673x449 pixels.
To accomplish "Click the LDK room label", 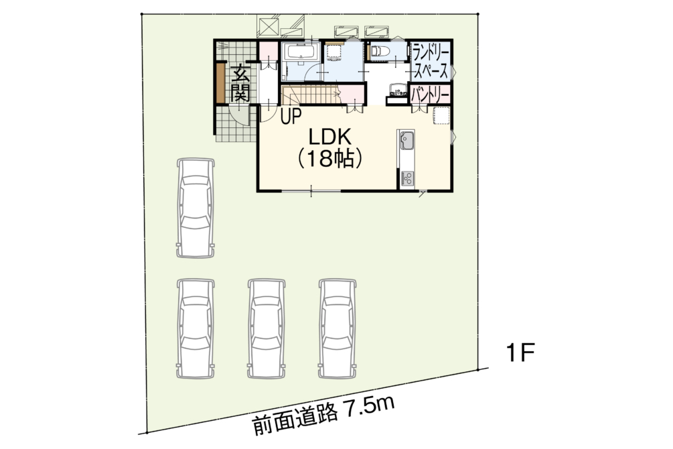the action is [331, 137].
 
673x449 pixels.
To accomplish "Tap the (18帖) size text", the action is [331, 159].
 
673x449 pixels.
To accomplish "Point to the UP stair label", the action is [291, 115].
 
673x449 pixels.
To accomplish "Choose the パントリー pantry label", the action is [431, 94].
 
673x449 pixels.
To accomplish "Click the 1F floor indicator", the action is [520, 353].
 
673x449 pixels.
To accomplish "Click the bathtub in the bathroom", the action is [301, 52].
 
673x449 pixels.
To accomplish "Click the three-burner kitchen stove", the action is [407, 178].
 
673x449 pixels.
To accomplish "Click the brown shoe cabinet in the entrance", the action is [220, 83].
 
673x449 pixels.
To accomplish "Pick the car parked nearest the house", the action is [196, 208].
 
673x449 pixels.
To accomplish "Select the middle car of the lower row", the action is [267, 328].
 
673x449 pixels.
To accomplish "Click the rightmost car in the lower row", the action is [338, 328].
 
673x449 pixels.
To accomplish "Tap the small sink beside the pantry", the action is [398, 89].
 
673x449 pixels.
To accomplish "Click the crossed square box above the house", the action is [269, 27].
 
